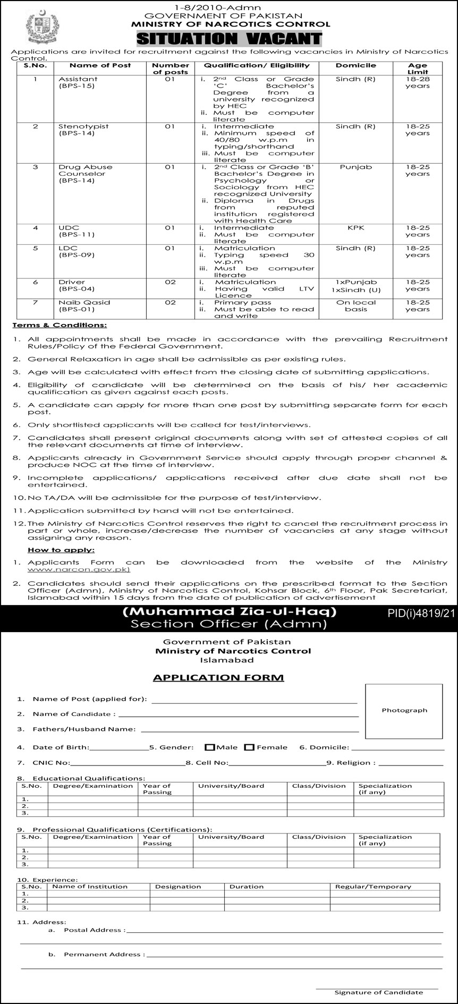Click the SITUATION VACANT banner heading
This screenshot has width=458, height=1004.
(229, 38)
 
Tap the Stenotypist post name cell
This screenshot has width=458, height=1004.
(83, 130)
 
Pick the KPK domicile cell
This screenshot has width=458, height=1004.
(355, 228)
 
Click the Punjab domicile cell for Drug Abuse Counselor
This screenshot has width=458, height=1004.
(355, 167)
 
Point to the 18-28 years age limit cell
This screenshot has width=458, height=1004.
(417, 82)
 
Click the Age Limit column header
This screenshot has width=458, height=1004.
(417, 69)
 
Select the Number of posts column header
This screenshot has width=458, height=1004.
(170, 69)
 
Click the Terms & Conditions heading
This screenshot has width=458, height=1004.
(60, 325)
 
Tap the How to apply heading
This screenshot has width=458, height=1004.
(61, 550)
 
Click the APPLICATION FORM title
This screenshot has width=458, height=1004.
(218, 678)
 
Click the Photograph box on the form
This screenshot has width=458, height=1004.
(404, 711)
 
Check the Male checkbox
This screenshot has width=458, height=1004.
(209, 747)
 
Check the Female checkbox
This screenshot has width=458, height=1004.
(250, 747)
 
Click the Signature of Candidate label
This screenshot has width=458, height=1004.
(378, 992)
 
